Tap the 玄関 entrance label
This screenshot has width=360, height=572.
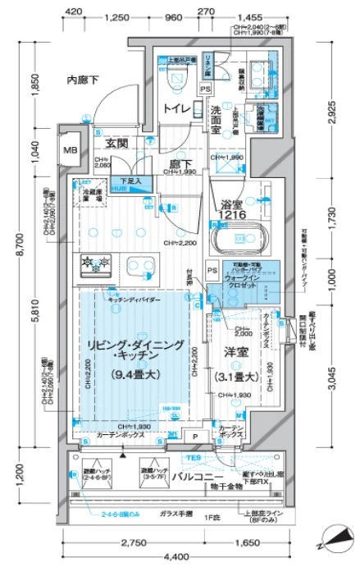tap(116, 143)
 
